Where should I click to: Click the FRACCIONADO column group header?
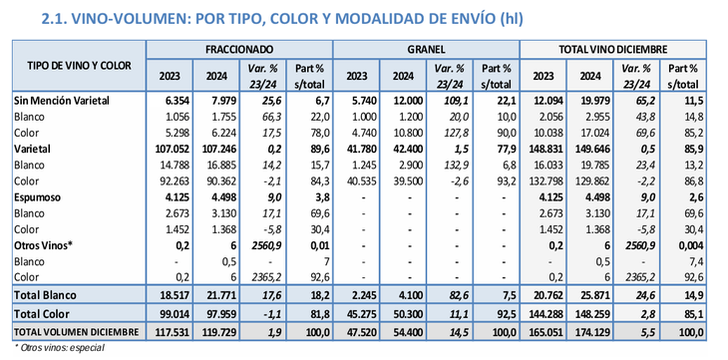click(x=239, y=48)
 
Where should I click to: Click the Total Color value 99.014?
click(x=171, y=314)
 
